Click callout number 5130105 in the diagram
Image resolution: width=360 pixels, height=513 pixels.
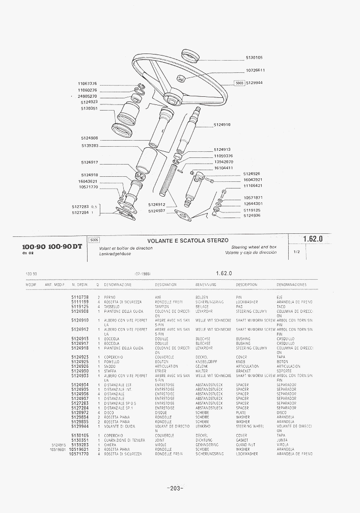tap(254, 58)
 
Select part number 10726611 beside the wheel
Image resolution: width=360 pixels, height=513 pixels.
tap(255, 70)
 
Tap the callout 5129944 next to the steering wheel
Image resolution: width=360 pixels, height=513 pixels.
tap(254, 83)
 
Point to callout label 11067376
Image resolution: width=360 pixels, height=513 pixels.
tap(87, 84)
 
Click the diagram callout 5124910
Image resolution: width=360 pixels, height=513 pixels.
tap(222, 125)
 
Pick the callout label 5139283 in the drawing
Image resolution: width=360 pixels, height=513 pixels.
tap(89, 146)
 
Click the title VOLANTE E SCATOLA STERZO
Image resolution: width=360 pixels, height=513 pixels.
tap(188, 240)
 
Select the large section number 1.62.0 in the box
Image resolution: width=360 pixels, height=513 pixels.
tap(313, 239)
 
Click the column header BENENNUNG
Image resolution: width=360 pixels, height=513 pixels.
tap(206, 285)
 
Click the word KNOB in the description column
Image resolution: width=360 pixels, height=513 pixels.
tap(241, 362)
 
